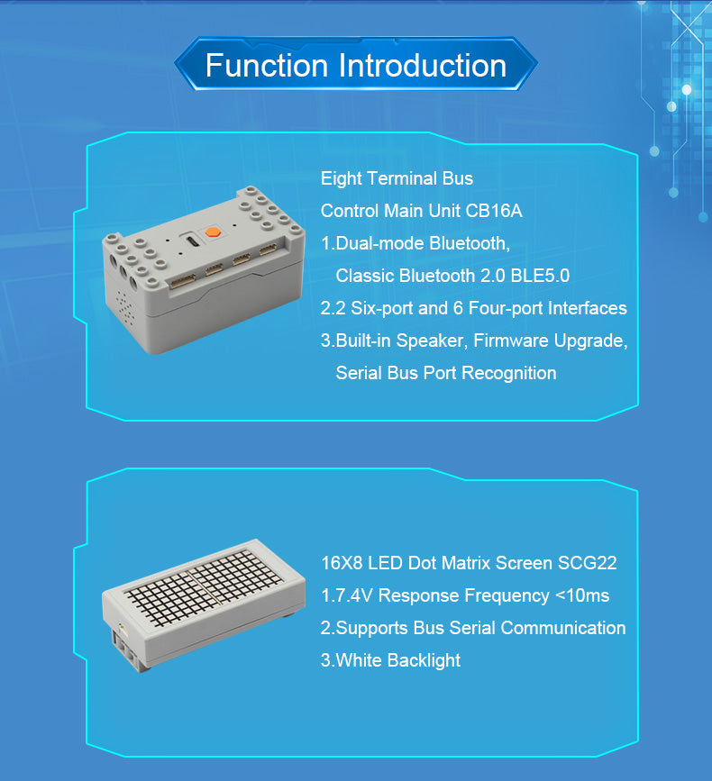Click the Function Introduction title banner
click(x=355, y=66)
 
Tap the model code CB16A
click(x=494, y=211)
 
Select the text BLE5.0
click(x=540, y=276)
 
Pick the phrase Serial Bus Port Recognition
click(x=445, y=373)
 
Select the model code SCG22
click(x=586, y=563)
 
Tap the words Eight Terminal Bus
click(x=397, y=178)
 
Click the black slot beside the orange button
click(x=192, y=241)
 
